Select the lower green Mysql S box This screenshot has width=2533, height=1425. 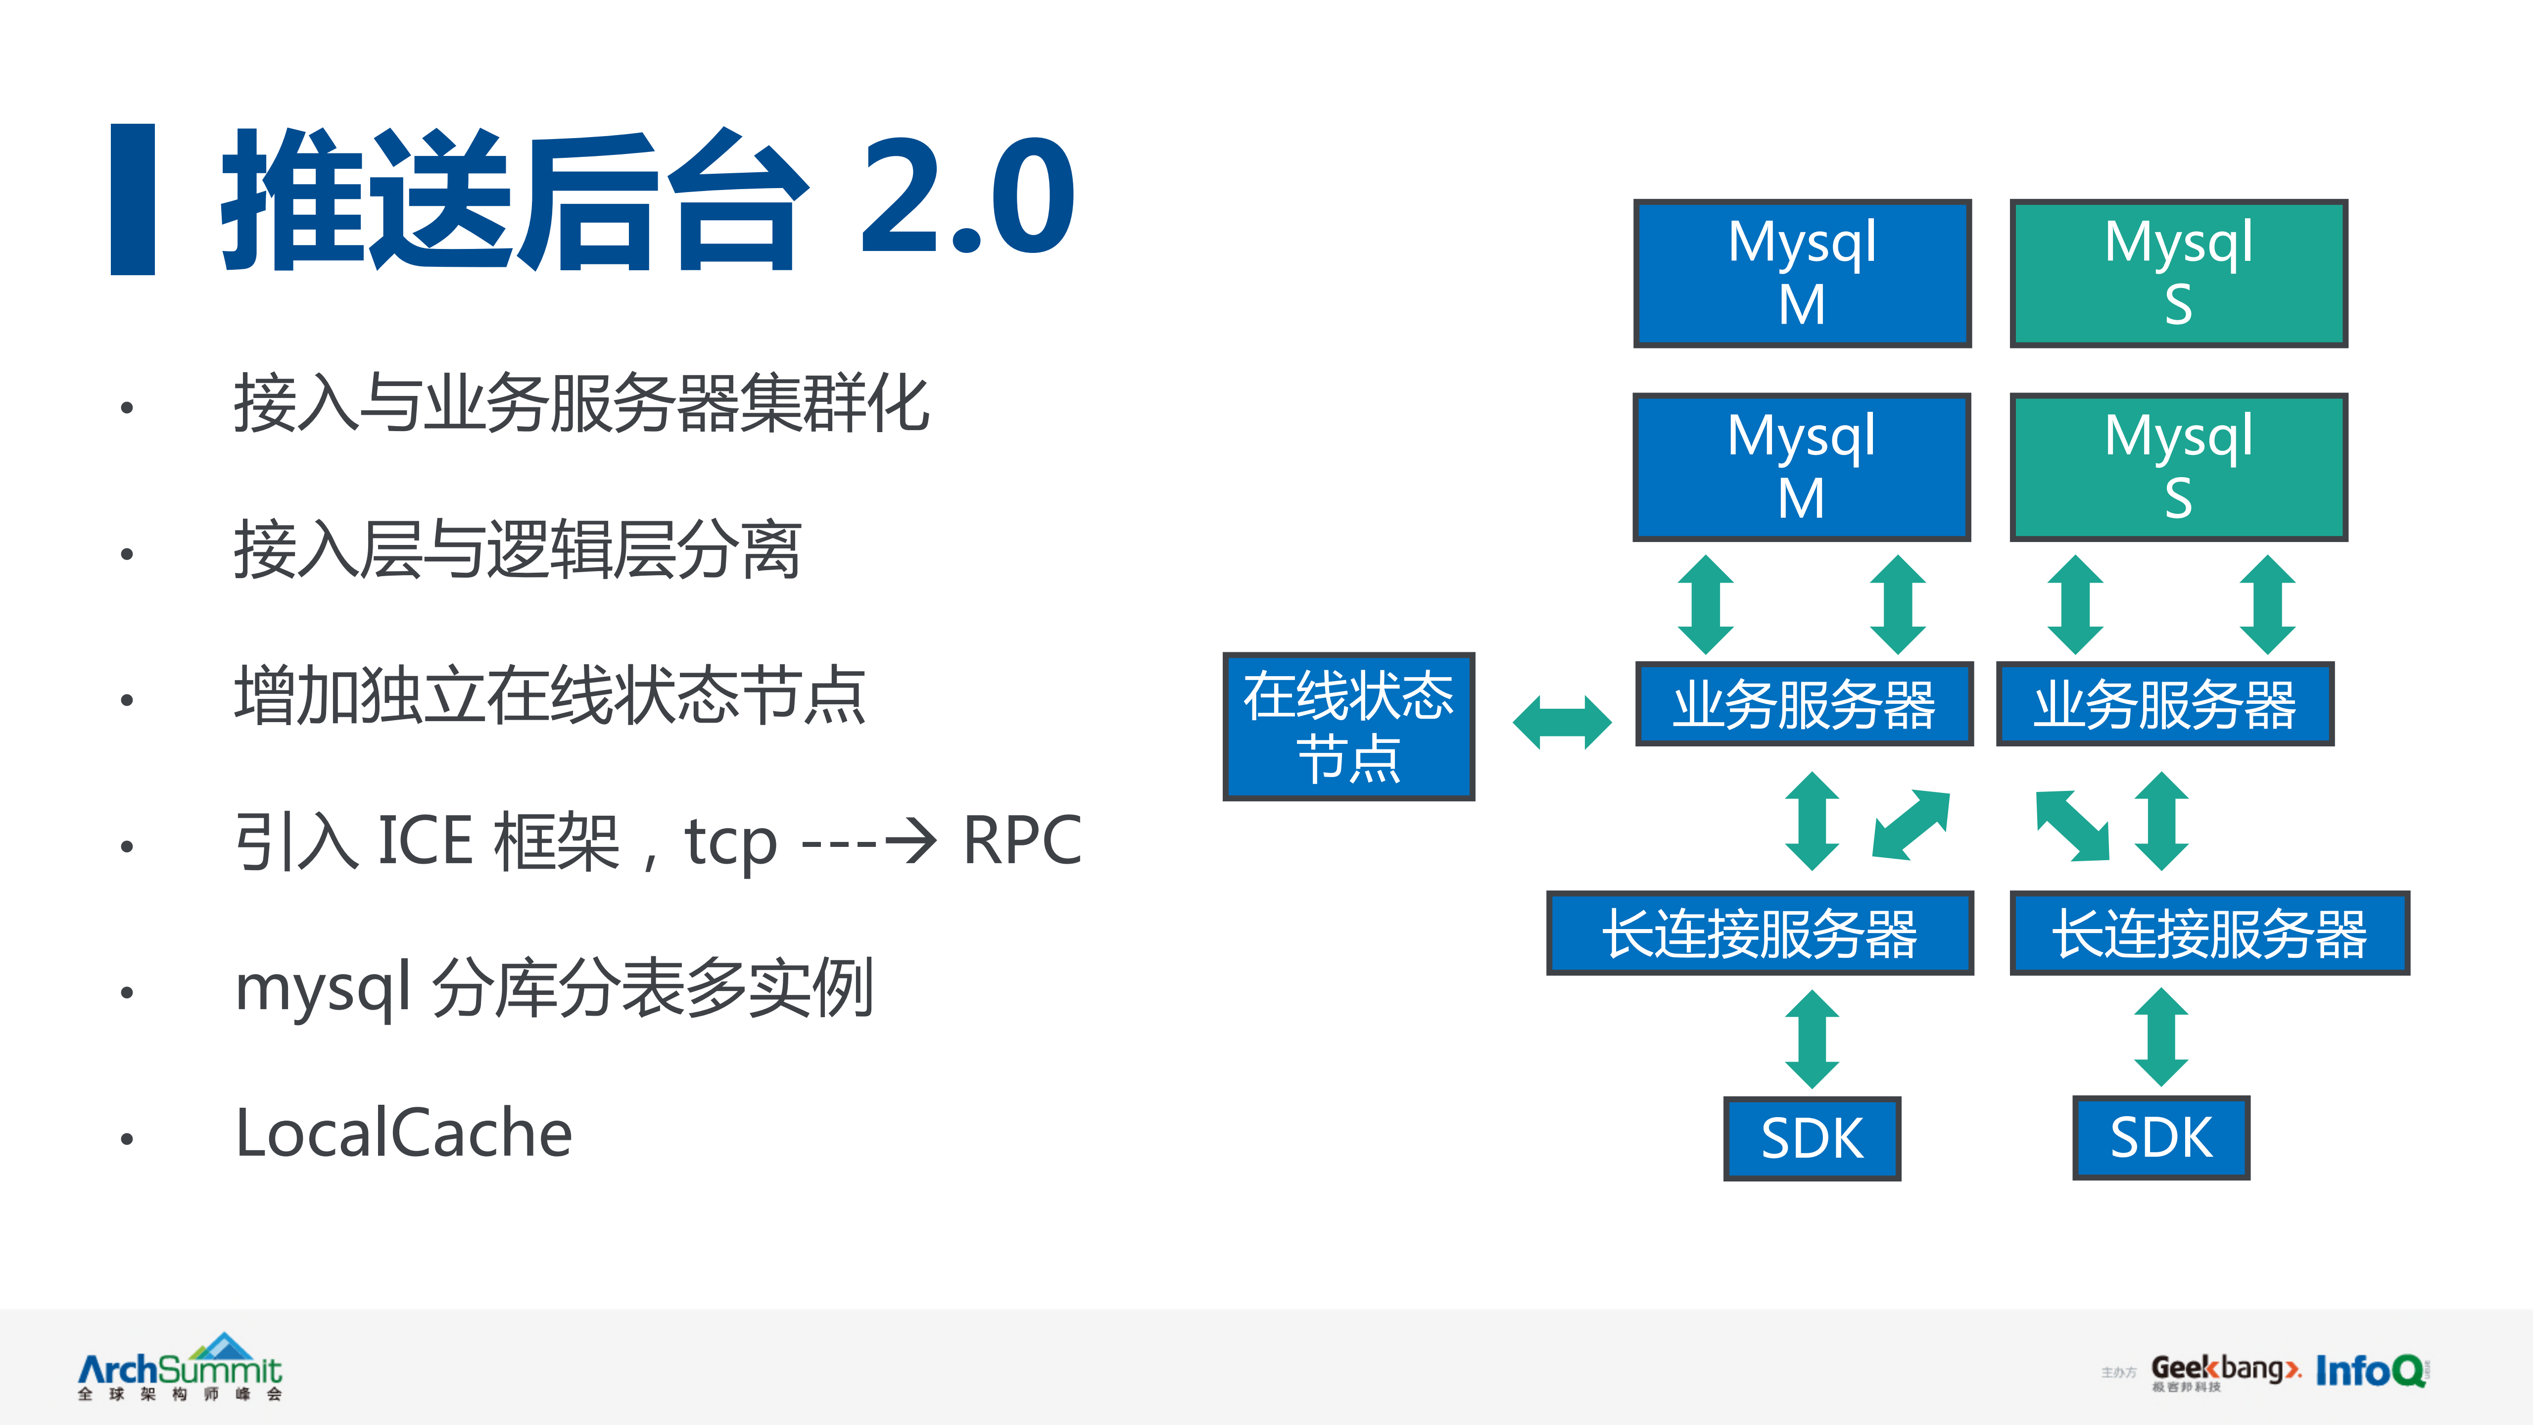(2178, 467)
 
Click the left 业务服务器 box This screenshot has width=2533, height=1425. (1804, 704)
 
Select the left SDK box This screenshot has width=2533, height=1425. (1811, 1138)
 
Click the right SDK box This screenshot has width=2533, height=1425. (2160, 1138)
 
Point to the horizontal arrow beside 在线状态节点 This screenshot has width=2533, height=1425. (1562, 723)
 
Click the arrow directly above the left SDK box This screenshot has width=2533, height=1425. (1811, 1038)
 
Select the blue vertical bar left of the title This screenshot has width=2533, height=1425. (133, 198)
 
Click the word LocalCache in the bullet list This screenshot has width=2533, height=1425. (403, 1133)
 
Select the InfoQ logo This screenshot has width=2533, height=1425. (2370, 1370)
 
